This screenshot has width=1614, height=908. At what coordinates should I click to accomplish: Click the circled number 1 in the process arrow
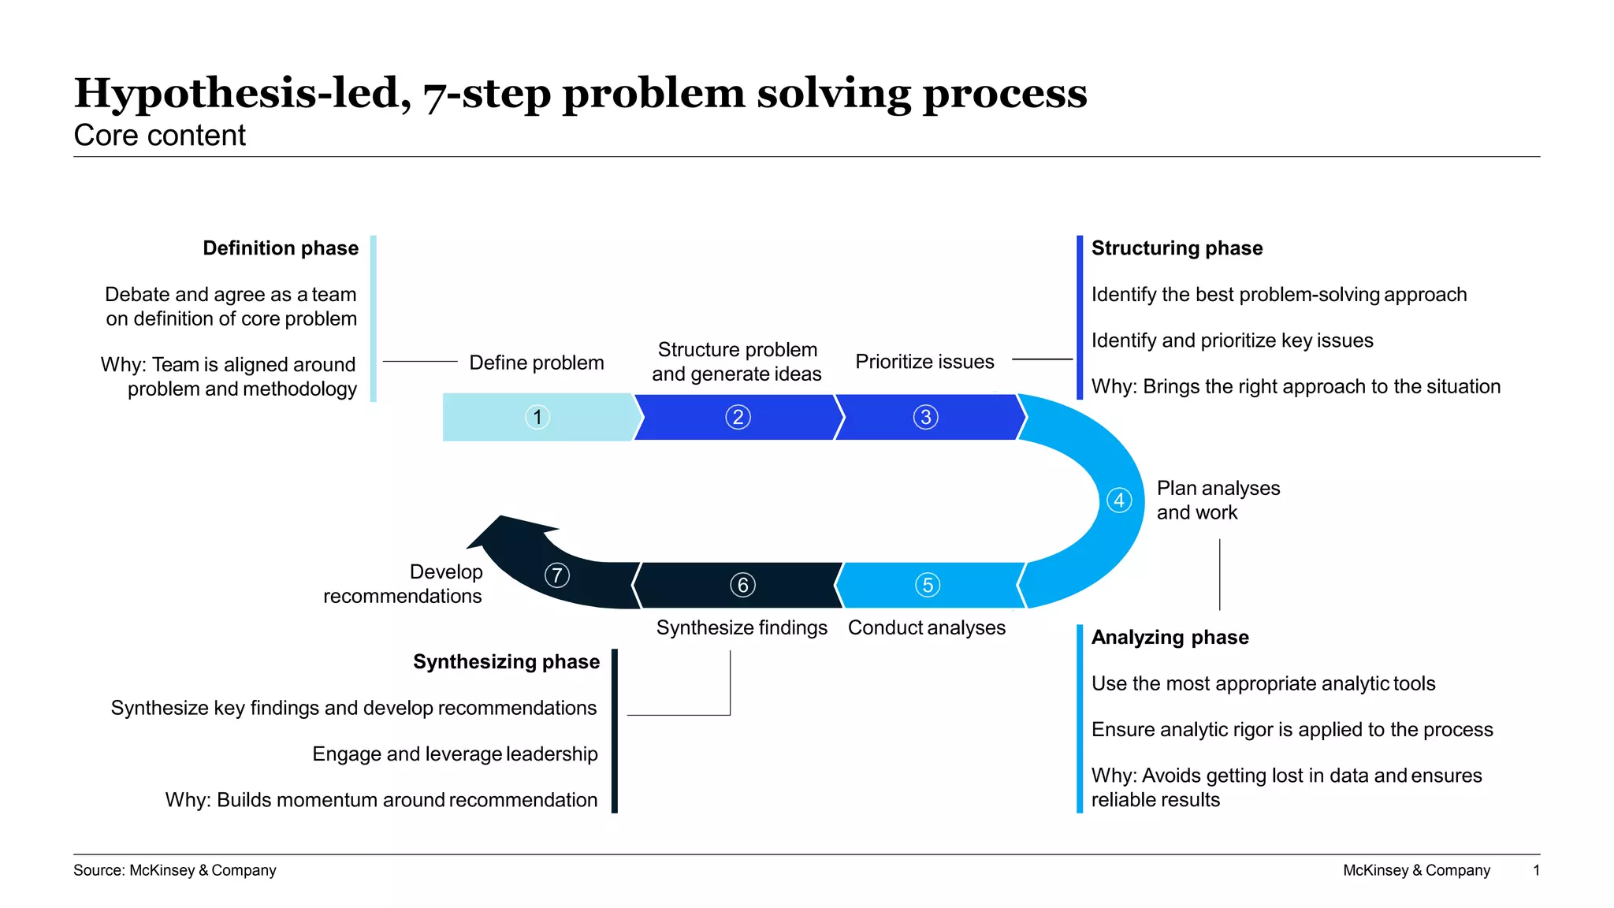[x=537, y=417]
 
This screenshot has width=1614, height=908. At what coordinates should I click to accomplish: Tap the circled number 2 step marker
[x=738, y=417]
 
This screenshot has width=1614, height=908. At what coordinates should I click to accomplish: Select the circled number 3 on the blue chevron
[x=926, y=417]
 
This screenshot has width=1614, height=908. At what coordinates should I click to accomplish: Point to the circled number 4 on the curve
[x=1119, y=501]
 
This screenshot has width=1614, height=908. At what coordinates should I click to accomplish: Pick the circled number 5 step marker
[x=928, y=585]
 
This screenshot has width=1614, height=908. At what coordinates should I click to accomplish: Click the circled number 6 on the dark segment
[x=742, y=585]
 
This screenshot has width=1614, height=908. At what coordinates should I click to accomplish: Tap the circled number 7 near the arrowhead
[x=557, y=575]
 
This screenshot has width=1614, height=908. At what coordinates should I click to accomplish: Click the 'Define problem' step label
[x=537, y=363]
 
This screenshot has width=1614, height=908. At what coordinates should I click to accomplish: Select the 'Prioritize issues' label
[x=924, y=362]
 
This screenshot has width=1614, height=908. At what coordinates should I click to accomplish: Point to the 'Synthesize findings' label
[x=742, y=627]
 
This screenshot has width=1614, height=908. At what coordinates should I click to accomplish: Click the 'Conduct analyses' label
[x=927, y=627]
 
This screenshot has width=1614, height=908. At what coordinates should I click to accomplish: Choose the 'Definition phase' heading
[x=281, y=248]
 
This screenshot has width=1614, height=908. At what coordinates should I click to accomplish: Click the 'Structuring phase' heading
[x=1177, y=248]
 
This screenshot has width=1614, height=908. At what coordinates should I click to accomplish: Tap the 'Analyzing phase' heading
[x=1170, y=637]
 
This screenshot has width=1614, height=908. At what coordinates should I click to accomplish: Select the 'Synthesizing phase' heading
[x=506, y=661]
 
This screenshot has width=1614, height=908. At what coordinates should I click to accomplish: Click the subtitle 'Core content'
[x=160, y=136]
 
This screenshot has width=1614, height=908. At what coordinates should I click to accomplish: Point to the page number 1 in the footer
[x=1536, y=870]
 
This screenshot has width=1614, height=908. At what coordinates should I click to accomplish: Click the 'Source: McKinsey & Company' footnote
[x=175, y=870]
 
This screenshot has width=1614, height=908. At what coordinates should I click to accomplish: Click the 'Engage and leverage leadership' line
[x=455, y=754]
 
